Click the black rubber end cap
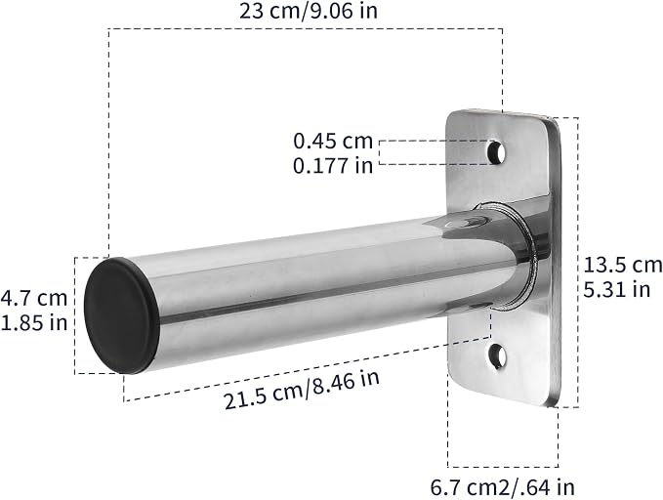pyautogui.click(x=123, y=316)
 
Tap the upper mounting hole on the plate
pyautogui.click(x=497, y=152)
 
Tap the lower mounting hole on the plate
pyautogui.click(x=498, y=356)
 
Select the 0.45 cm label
pyautogui.click(x=333, y=141)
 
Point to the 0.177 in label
pyautogui.click(x=333, y=165)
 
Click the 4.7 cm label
pyautogui.click(x=34, y=298)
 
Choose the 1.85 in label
pyautogui.click(x=34, y=323)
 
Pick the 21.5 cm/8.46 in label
pyautogui.click(x=302, y=390)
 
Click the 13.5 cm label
pyautogui.click(x=623, y=266)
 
